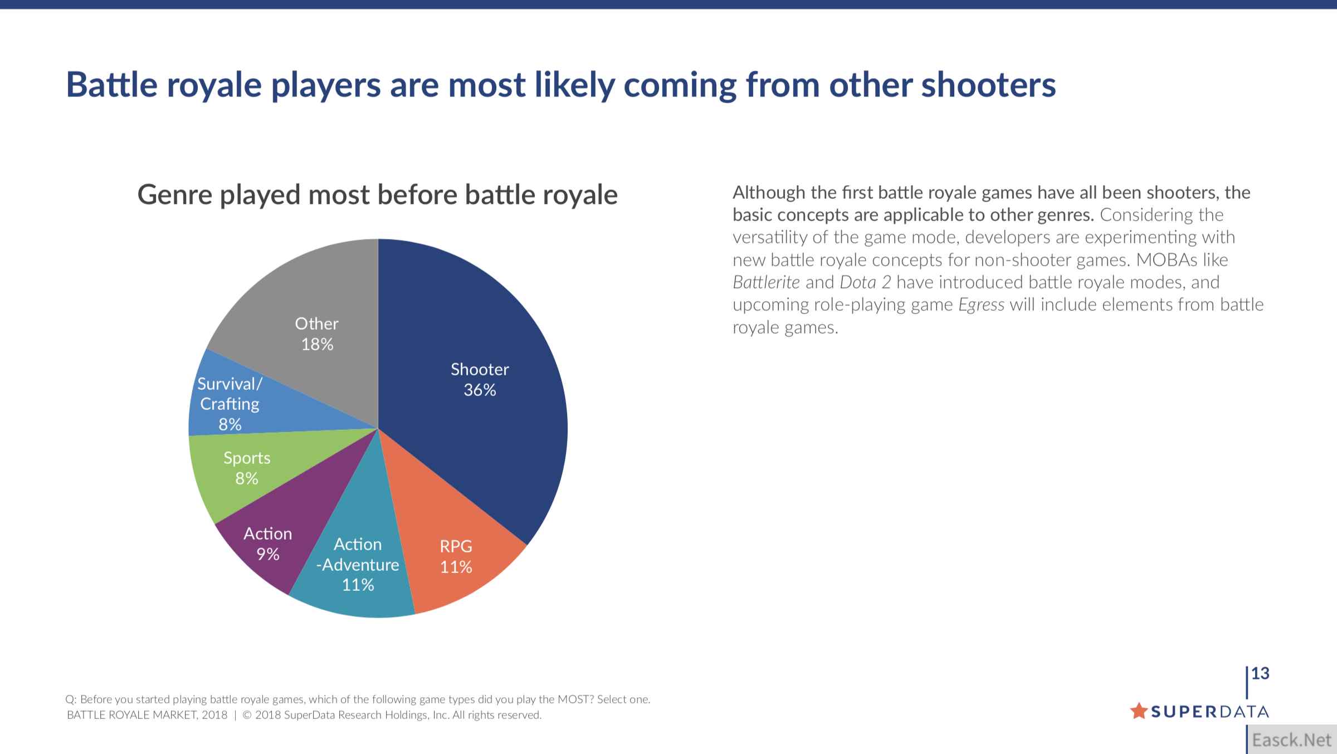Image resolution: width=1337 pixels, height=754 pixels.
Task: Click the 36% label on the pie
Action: [480, 390]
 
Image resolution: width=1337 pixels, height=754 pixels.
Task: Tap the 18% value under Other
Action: [317, 345]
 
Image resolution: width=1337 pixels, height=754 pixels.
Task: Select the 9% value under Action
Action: [267, 555]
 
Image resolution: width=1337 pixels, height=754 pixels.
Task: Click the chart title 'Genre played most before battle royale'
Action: [377, 195]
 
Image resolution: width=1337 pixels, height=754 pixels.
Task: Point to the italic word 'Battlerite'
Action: [766, 282]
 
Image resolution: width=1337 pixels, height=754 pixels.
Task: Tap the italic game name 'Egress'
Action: [981, 305]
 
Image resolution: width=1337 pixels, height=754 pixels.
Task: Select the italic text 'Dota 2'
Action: [865, 282]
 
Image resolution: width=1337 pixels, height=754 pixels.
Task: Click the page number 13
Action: [1260, 674]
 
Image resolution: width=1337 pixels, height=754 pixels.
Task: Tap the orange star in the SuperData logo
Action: [1139, 711]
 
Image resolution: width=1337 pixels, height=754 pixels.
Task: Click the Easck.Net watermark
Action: [1291, 740]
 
